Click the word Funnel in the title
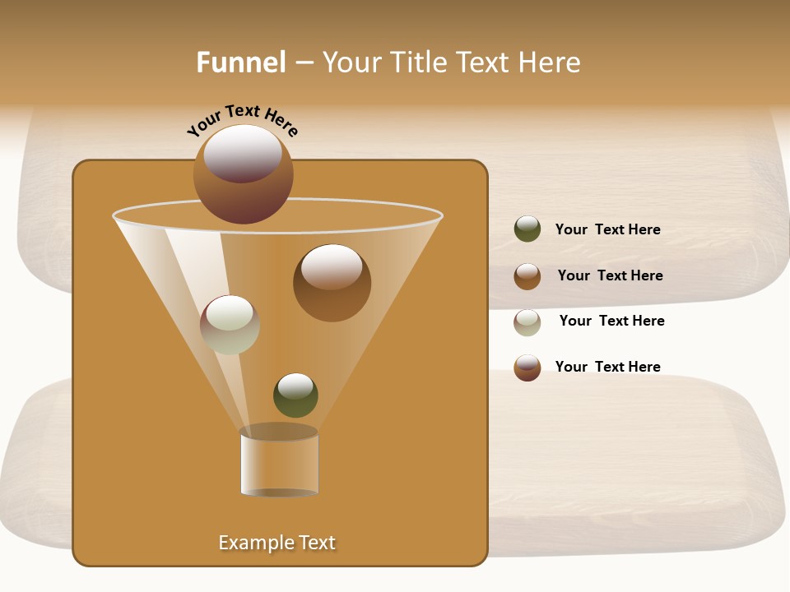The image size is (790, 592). (x=241, y=62)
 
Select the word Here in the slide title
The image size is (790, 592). (x=551, y=62)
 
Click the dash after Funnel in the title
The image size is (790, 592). (x=304, y=62)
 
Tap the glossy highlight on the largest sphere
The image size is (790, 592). (x=243, y=153)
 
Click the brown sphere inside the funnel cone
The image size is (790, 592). (x=332, y=284)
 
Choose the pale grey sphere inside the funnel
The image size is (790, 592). (x=230, y=325)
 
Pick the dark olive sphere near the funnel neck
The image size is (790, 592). (x=295, y=395)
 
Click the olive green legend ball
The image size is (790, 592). (x=527, y=229)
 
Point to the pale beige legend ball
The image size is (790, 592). (x=527, y=322)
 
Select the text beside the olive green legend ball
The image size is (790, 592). (x=607, y=229)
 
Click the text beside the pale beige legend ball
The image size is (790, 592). (x=611, y=321)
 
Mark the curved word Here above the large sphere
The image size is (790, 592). (x=281, y=123)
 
